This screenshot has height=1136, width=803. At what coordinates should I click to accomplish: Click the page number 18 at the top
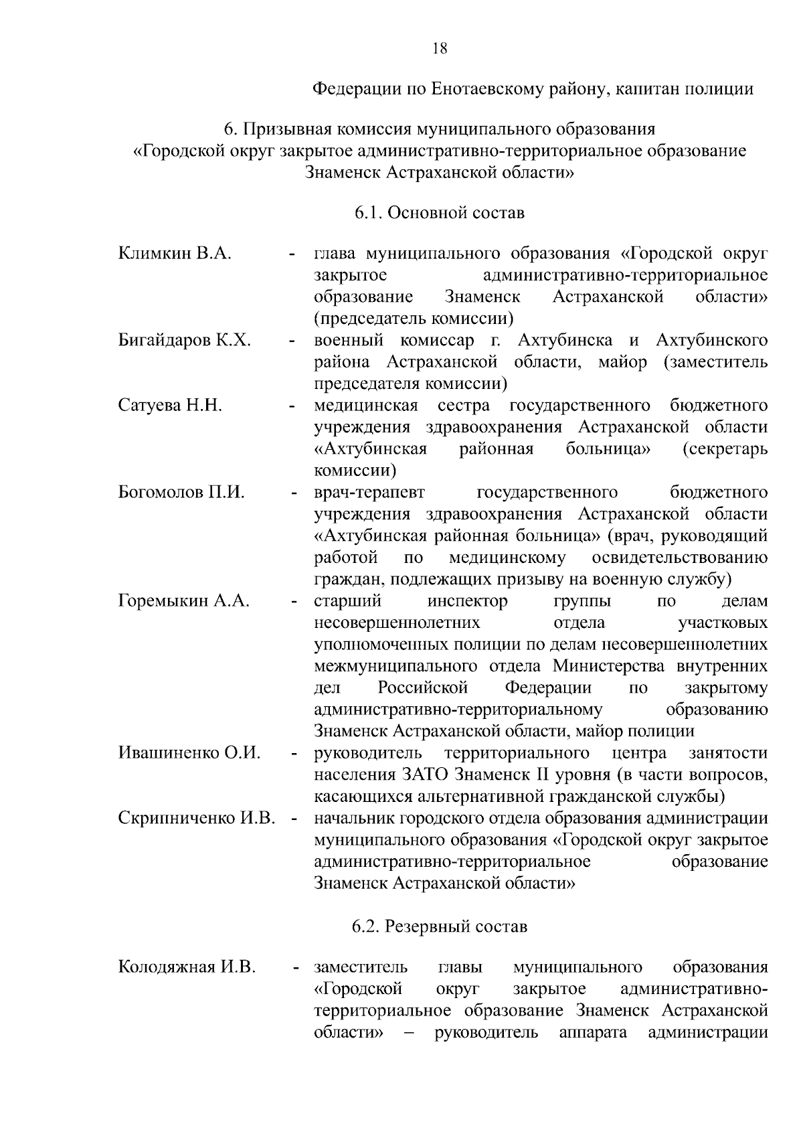coord(440,48)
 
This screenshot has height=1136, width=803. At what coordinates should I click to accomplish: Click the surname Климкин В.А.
coord(175,254)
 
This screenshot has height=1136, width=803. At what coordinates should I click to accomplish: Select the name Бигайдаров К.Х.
coord(185,340)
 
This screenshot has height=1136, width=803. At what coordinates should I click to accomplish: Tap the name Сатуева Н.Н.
coord(170,405)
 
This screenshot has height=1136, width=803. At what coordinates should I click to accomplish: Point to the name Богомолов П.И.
coord(181,492)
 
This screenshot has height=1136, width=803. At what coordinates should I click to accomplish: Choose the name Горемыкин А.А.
coord(184,600)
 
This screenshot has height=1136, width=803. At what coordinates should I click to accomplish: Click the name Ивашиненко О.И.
coord(189,752)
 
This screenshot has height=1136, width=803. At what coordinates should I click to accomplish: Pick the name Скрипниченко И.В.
coord(197,817)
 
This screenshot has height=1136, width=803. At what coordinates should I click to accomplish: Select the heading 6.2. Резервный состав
coord(440,926)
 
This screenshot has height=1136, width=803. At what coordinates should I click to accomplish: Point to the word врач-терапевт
coord(369,492)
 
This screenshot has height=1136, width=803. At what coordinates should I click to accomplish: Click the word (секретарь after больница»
coord(725,449)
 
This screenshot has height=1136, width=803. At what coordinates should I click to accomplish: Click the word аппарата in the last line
coord(592,1032)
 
